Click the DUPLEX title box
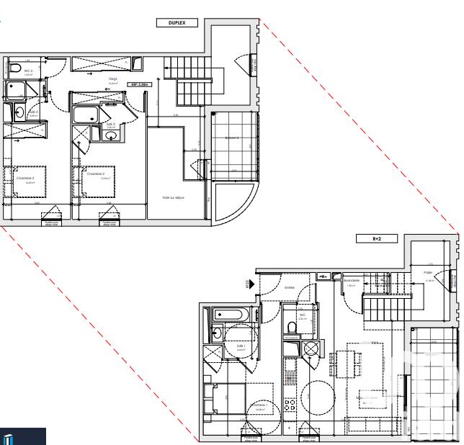177,23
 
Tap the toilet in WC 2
15,68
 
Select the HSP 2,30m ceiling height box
140,85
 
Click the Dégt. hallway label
113,79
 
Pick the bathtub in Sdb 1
229,315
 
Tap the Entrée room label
290,287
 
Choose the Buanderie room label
352,281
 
